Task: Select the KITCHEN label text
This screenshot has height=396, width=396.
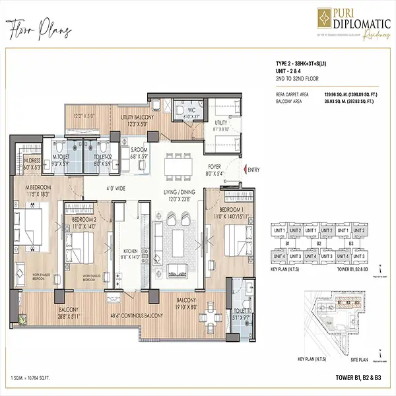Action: (x=130, y=251)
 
